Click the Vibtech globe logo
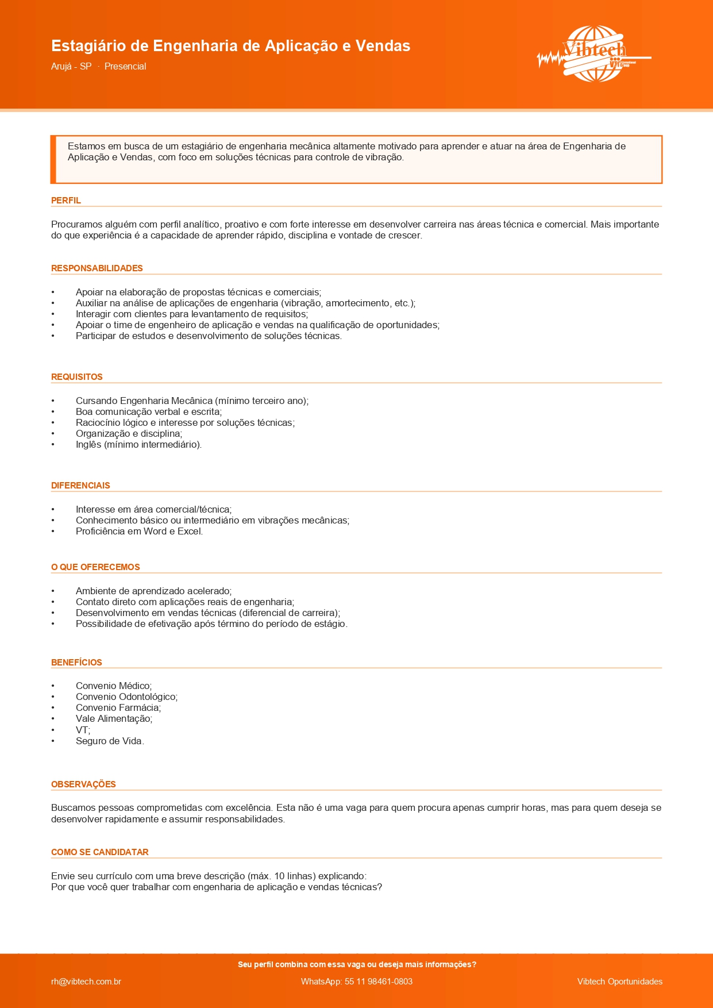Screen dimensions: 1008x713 pyautogui.click(x=594, y=54)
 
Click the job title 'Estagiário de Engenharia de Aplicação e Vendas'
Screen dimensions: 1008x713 pyautogui.click(x=230, y=46)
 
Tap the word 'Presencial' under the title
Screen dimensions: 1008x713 pyautogui.click(x=125, y=67)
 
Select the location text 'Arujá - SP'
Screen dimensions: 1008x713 pyautogui.click(x=71, y=67)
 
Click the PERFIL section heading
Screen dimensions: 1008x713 pyautogui.click(x=66, y=201)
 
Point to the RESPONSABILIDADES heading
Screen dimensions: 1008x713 pyautogui.click(x=97, y=268)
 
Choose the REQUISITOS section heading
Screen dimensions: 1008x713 pyautogui.click(x=77, y=377)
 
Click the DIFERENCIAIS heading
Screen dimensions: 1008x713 pyautogui.click(x=80, y=486)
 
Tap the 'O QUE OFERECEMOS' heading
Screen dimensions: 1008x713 pyautogui.click(x=95, y=567)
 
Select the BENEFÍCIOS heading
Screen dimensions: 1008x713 pyautogui.click(x=76, y=663)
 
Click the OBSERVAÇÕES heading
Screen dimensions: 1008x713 pyautogui.click(x=83, y=784)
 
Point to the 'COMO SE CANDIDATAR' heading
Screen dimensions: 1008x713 pyautogui.click(x=100, y=852)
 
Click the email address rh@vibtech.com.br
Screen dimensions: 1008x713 pyautogui.click(x=86, y=982)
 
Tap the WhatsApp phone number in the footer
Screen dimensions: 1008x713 pyautogui.click(x=357, y=982)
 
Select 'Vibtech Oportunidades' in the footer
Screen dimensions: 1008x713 pyautogui.click(x=619, y=982)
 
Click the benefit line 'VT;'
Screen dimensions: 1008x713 pyautogui.click(x=83, y=730)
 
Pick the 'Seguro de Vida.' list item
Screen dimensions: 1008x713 pyautogui.click(x=110, y=741)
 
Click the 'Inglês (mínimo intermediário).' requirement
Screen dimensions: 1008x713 pyautogui.click(x=138, y=445)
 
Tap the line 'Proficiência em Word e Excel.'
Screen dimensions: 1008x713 pyautogui.click(x=139, y=532)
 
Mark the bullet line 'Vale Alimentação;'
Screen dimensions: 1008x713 pyautogui.click(x=114, y=719)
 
